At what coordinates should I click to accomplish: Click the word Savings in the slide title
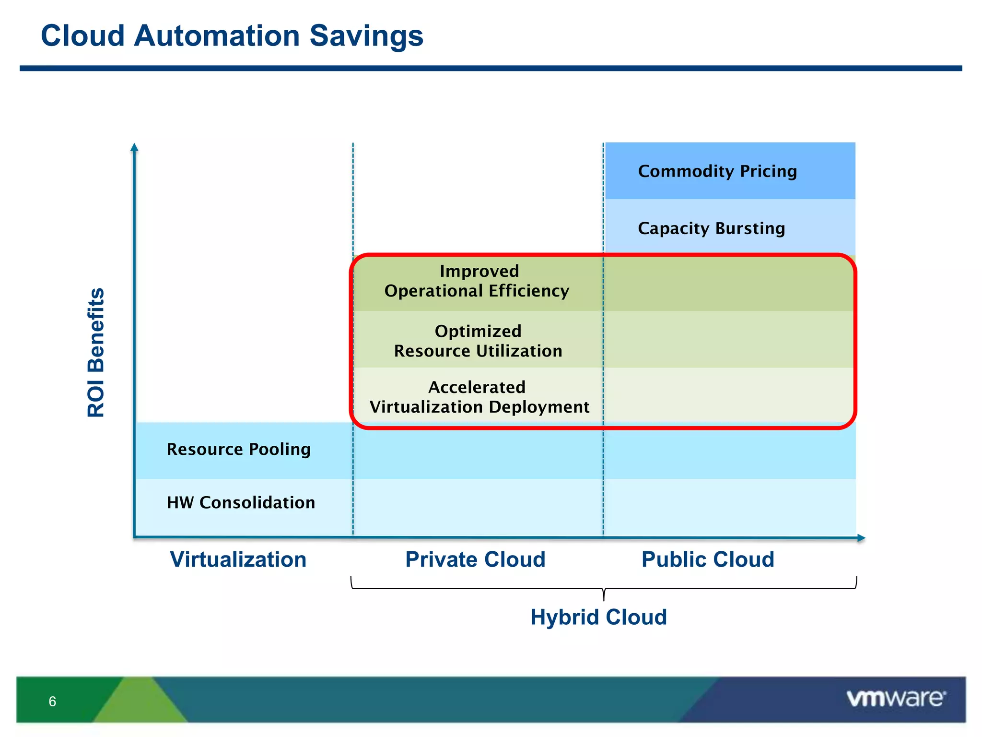pos(366,36)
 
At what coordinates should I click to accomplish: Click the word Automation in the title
pos(217,36)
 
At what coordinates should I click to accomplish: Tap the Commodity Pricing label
pos(717,171)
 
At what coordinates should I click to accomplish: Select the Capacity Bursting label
pos(712,228)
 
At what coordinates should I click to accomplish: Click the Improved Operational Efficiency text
pos(478,281)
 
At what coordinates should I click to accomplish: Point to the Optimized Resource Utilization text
pos(478,341)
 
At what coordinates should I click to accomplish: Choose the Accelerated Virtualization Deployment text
pos(479,397)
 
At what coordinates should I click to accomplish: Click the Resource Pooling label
pos(239,450)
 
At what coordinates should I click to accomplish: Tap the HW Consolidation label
pos(241,503)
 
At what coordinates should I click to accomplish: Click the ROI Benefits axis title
pos(96,353)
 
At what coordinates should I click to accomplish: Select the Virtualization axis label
pos(238,559)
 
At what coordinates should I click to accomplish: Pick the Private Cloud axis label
pos(475,559)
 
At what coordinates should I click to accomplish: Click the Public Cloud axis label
pos(708,559)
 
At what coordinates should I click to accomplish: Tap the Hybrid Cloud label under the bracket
pos(598,617)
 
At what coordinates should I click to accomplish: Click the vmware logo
pos(896,698)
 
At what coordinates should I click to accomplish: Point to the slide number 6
pos(52,701)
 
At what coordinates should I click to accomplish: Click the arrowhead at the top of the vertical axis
pos(135,147)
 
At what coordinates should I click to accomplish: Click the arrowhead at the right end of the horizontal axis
pos(861,538)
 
